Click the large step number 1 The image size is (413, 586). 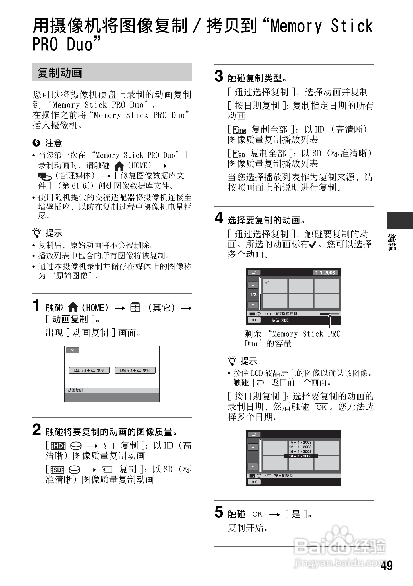(x=36, y=305)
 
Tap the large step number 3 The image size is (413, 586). (x=219, y=76)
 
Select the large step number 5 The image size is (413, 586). (x=219, y=512)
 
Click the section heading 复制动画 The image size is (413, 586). (x=60, y=73)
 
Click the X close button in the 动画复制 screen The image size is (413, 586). (x=72, y=350)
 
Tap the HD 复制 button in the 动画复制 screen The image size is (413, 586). (x=89, y=370)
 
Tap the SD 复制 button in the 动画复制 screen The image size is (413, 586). (x=135, y=370)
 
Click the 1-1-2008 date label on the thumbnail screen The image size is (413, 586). (x=325, y=273)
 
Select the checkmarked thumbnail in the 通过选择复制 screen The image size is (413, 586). (x=275, y=286)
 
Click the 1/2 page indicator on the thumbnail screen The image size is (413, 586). (x=253, y=295)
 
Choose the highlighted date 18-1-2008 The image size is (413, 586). (x=300, y=456)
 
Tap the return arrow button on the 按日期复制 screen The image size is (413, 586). (x=254, y=434)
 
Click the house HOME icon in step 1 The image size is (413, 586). (x=73, y=307)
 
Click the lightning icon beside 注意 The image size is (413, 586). (x=36, y=143)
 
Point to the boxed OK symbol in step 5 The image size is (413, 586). (x=257, y=514)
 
